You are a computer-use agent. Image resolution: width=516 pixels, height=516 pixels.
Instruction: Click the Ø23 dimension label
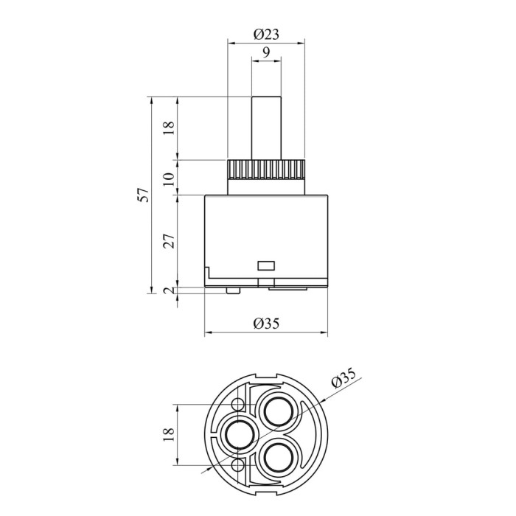(266, 34)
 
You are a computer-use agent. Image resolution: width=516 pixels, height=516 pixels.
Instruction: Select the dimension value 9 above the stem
(266, 52)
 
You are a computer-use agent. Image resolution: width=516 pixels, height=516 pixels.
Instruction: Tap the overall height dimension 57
(143, 195)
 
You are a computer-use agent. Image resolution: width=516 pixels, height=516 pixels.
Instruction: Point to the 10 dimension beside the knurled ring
(169, 178)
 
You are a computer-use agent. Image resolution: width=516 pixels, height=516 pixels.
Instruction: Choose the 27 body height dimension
(169, 241)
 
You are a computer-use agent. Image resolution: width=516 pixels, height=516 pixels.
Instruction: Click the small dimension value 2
(169, 290)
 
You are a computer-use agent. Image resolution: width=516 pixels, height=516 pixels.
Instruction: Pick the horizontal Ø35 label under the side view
(266, 324)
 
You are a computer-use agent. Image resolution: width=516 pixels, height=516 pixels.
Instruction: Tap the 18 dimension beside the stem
(169, 128)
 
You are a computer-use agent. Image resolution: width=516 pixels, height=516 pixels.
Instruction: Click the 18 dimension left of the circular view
(169, 434)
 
